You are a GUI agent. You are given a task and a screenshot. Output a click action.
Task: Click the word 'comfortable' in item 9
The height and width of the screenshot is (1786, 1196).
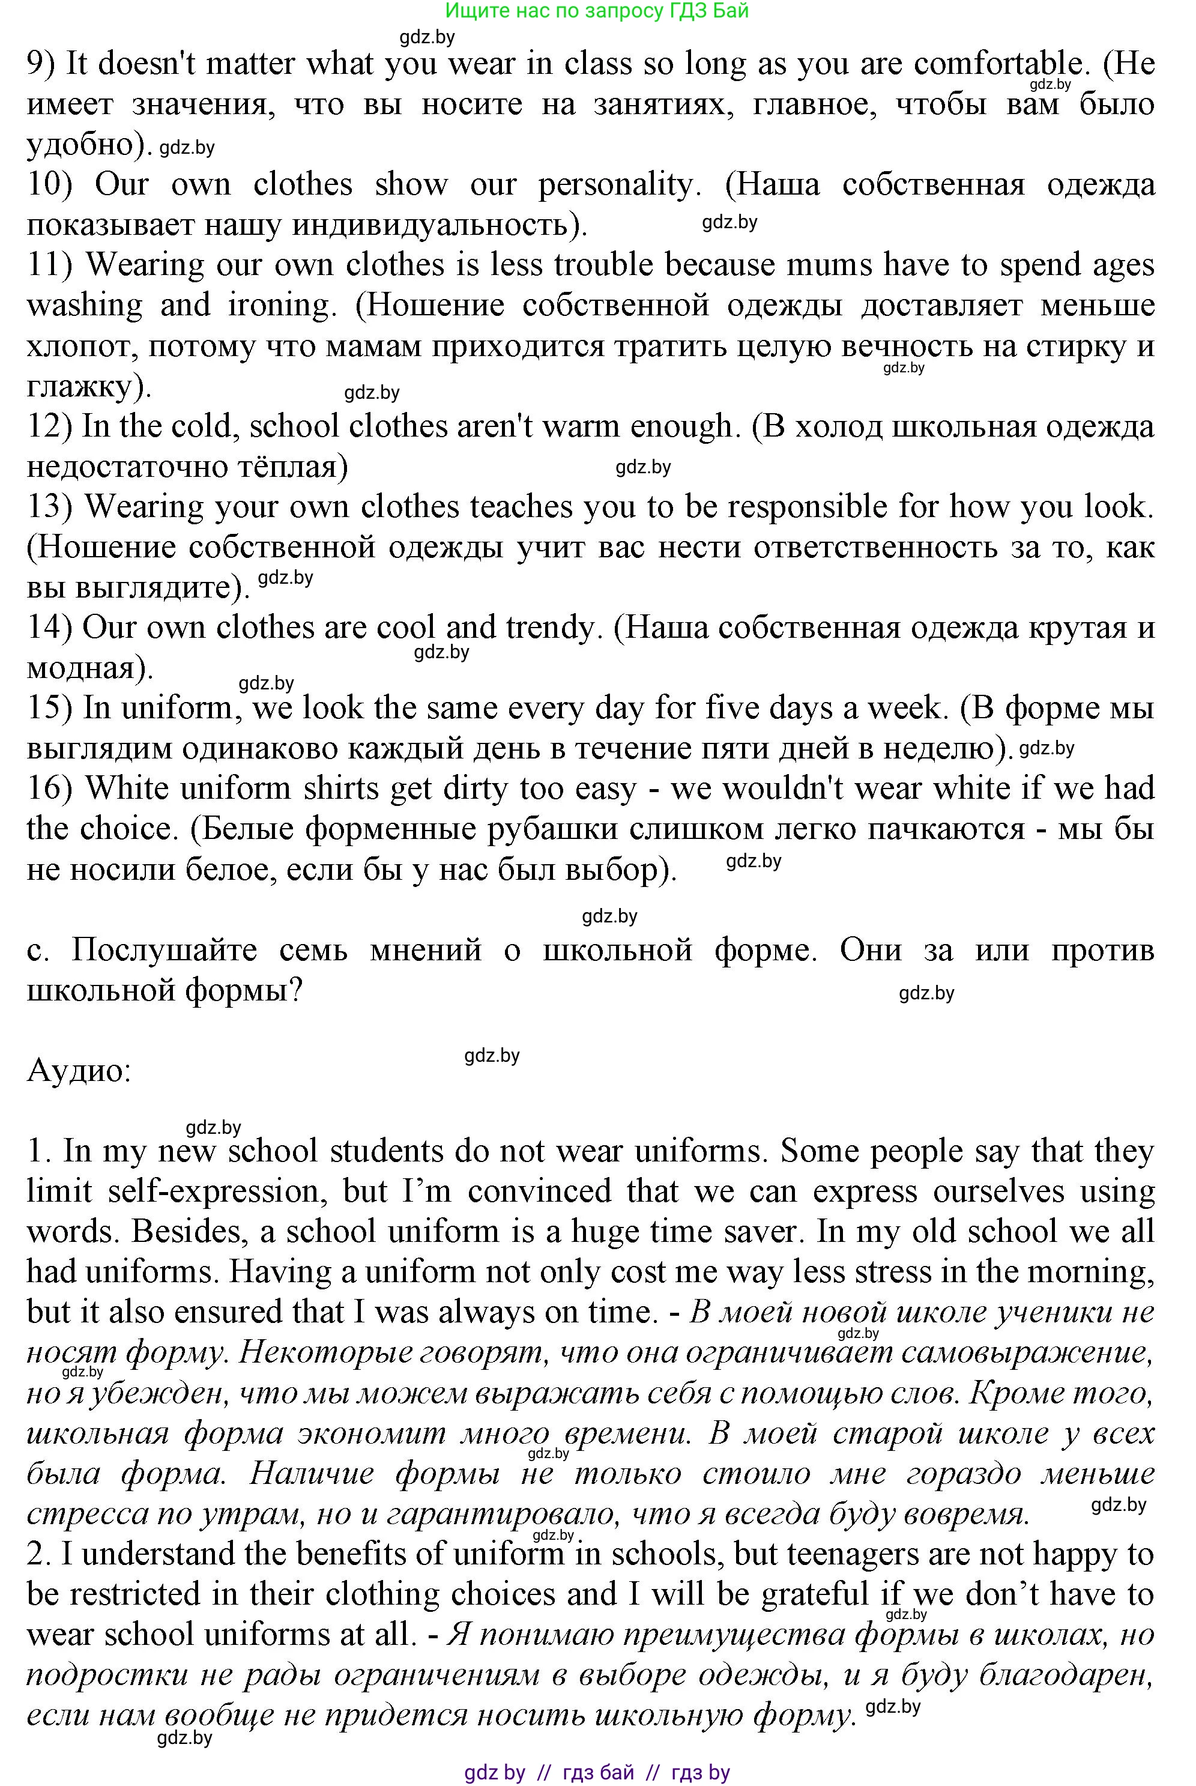(x=998, y=64)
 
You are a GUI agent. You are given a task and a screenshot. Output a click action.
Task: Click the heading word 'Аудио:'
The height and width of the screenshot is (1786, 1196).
(x=79, y=1071)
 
